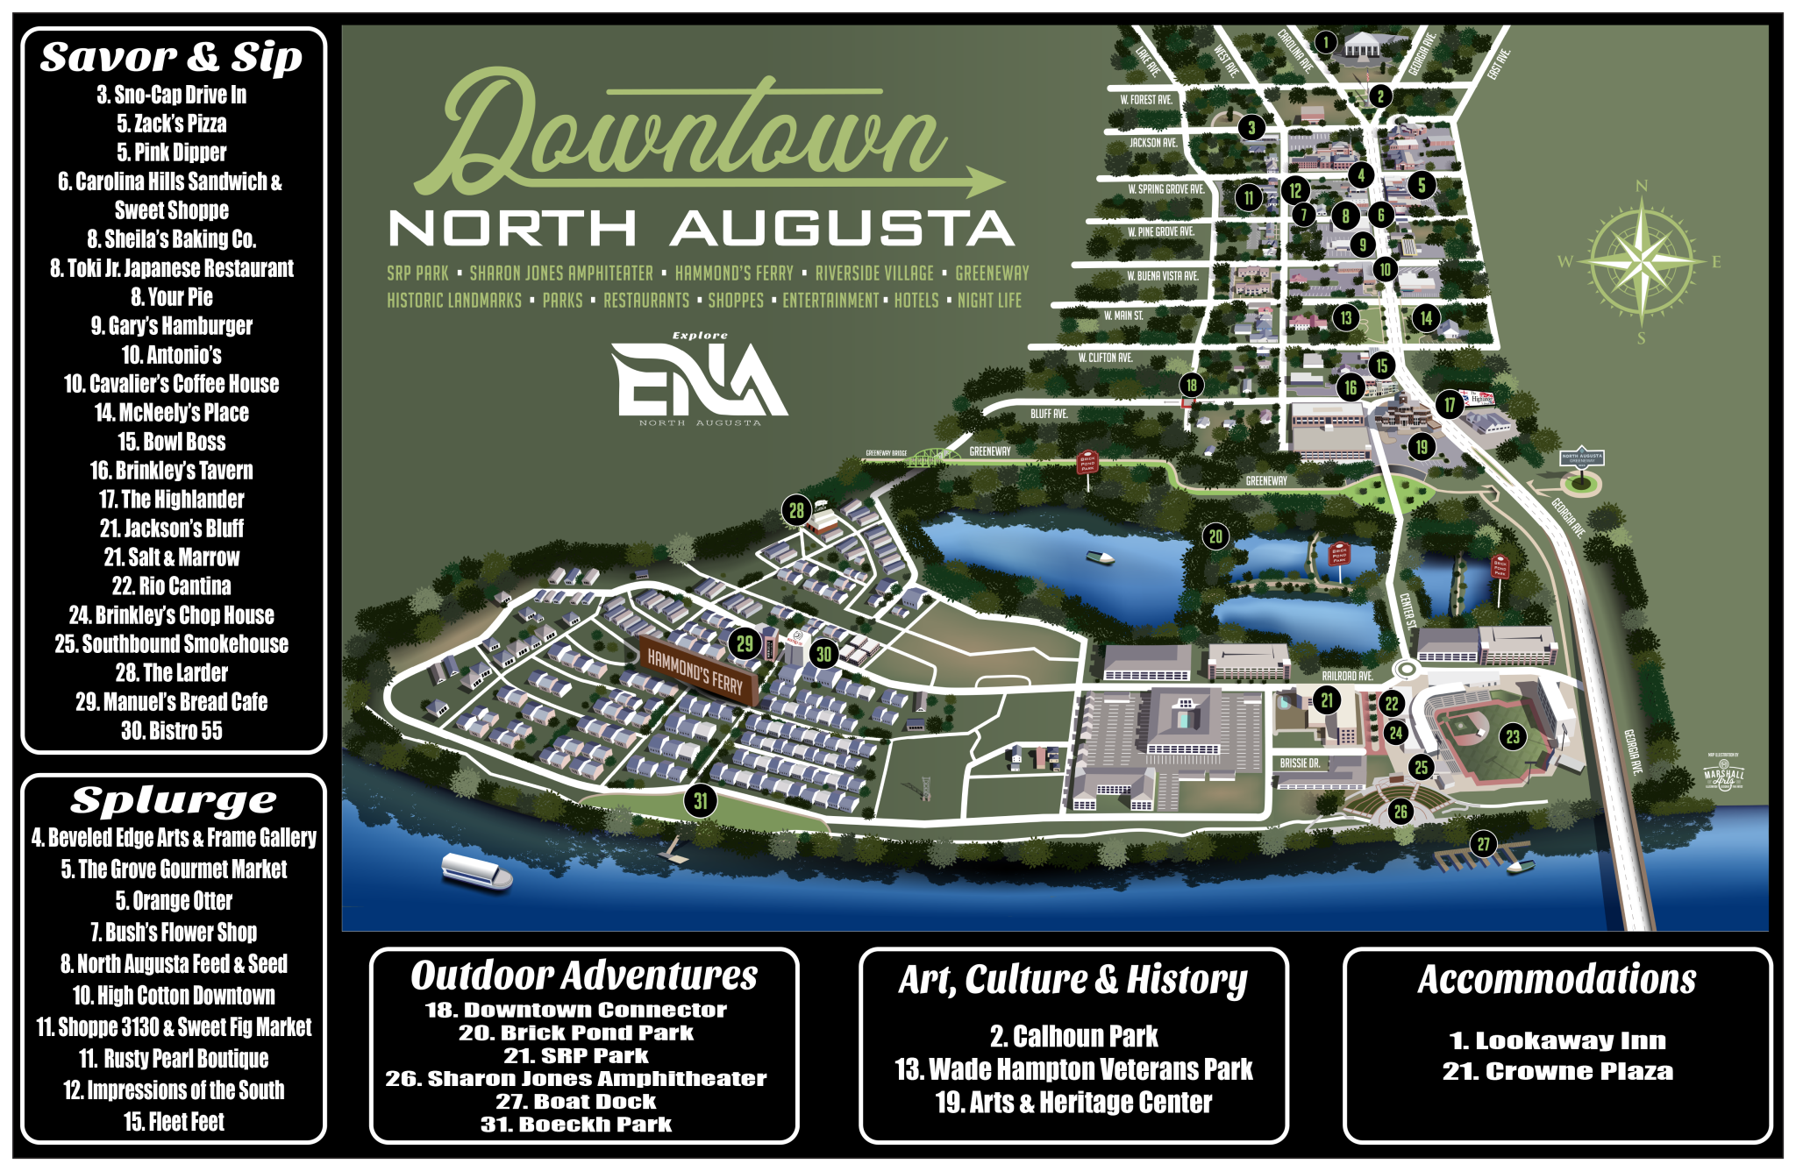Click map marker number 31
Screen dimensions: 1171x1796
point(701,800)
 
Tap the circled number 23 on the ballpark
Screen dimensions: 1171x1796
point(1513,736)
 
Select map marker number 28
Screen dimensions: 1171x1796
point(796,510)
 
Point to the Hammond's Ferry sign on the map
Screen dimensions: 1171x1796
point(695,671)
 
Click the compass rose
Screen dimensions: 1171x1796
point(1641,261)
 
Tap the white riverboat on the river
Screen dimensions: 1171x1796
point(476,870)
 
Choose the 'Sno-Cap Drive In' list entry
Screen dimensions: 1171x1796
point(172,95)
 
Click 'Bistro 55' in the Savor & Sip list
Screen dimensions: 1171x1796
point(172,730)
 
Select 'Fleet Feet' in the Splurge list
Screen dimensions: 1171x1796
point(174,1121)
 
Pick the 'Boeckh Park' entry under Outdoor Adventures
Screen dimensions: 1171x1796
point(576,1125)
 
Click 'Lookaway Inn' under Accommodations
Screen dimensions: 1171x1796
point(1557,1040)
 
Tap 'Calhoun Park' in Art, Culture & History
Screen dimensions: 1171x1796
point(1073,1036)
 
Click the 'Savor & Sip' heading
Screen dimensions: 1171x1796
point(172,57)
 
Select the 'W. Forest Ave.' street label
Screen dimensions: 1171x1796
point(1145,99)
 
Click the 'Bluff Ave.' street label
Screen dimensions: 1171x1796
point(1049,413)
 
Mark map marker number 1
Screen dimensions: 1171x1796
point(1326,41)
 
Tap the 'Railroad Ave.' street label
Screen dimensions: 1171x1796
point(1347,676)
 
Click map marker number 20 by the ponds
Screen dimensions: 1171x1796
point(1215,536)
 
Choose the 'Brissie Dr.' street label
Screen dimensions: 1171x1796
point(1300,763)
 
